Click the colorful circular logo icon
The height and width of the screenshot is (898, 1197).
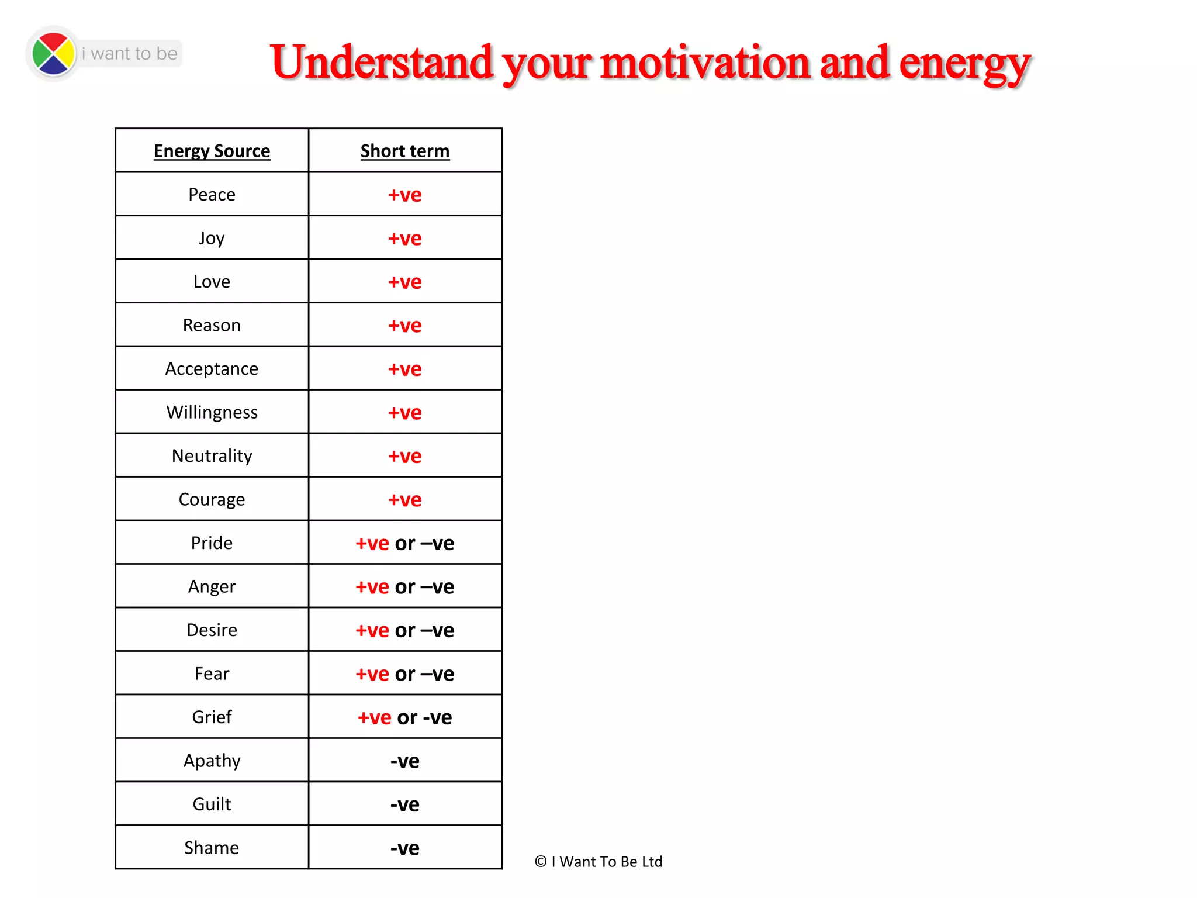53,54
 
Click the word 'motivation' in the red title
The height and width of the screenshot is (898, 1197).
705,63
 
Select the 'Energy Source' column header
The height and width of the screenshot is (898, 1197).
212,151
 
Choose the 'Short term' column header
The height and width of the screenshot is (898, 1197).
404,151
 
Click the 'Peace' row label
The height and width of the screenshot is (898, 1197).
212,195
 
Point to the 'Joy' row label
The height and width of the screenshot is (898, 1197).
212,239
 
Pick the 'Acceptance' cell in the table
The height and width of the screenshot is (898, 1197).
212,369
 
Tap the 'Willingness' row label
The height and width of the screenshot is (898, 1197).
212,413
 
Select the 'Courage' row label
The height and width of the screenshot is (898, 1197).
212,500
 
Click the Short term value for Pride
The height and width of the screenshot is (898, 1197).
404,543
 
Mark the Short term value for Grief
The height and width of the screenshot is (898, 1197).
404,717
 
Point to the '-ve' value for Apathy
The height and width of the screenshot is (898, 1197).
404,761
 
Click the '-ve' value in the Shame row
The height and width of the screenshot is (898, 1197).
404,848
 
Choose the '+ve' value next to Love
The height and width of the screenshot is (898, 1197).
404,282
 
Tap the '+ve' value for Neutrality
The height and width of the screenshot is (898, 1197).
404,456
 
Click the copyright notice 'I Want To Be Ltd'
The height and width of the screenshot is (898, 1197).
598,862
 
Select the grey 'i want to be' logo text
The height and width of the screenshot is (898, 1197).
130,54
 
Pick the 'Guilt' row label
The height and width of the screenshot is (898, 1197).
212,804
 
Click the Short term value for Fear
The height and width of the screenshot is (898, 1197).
404,674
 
